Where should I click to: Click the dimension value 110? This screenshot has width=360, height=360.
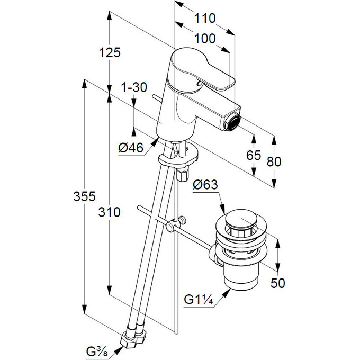click(x=205, y=19)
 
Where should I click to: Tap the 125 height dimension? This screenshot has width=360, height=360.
click(x=110, y=52)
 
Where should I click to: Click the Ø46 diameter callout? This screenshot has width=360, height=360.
click(x=131, y=149)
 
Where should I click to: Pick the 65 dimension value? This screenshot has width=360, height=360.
click(x=254, y=155)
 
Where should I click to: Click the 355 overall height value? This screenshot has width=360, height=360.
click(x=84, y=196)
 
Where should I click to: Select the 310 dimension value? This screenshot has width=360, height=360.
click(x=110, y=212)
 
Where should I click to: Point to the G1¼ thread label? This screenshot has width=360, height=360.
click(x=198, y=301)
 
